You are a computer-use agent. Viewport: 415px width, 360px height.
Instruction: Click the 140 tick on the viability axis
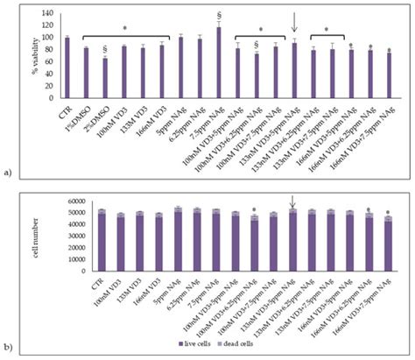coord(47,13)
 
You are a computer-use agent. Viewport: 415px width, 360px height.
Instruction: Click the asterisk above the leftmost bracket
coord(124,28)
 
